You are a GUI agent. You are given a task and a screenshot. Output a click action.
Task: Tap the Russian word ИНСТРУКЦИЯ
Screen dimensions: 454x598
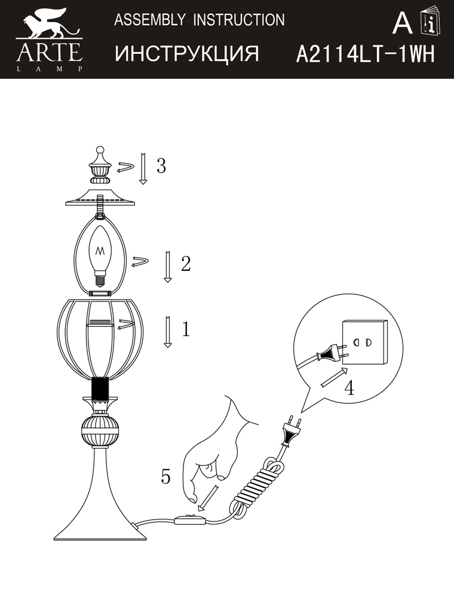[187, 53]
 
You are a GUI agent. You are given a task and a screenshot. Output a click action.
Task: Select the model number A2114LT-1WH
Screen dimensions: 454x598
[365, 54]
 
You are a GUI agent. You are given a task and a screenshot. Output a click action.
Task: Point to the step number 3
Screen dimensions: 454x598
[161, 166]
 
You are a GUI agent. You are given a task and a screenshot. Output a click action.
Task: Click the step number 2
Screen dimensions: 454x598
[186, 264]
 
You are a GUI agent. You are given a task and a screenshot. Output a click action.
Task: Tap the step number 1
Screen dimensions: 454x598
[186, 329]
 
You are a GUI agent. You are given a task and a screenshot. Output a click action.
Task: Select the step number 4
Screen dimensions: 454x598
[349, 388]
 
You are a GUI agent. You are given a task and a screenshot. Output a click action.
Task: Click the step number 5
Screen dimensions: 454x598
[165, 476]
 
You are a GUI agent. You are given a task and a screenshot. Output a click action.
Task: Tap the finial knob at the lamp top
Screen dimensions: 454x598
[100, 166]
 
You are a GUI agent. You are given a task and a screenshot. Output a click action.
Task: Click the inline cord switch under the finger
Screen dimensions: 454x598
[190, 519]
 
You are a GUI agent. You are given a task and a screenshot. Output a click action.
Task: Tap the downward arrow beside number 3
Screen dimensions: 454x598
[143, 169]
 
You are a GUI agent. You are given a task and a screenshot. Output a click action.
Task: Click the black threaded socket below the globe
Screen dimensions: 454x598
[100, 390]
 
